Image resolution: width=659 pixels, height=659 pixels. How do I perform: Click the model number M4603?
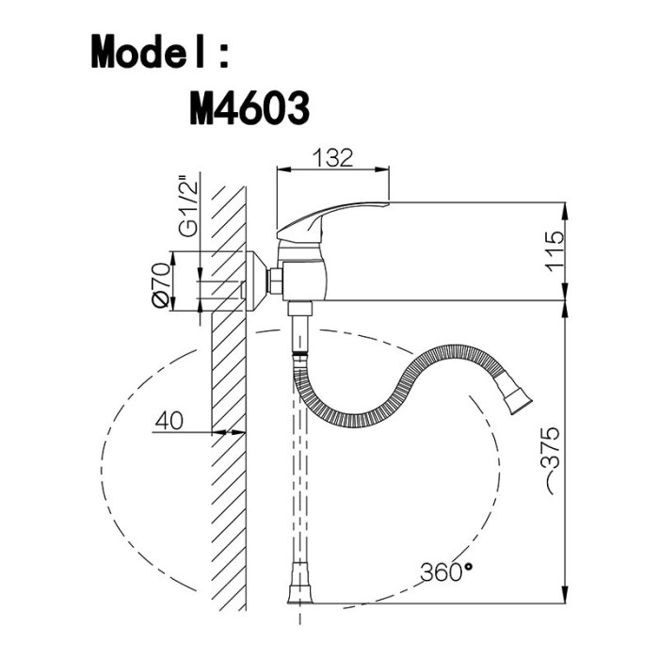click(x=249, y=108)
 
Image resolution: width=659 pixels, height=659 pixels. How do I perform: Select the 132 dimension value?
click(x=333, y=157)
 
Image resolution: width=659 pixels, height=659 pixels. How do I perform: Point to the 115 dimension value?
click(x=554, y=251)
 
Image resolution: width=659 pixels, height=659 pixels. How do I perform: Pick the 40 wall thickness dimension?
click(x=169, y=420)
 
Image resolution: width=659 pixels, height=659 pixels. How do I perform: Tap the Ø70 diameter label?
click(x=161, y=285)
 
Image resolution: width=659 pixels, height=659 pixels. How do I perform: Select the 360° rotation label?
click(x=446, y=571)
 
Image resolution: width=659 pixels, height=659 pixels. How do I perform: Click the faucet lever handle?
click(x=332, y=217)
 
